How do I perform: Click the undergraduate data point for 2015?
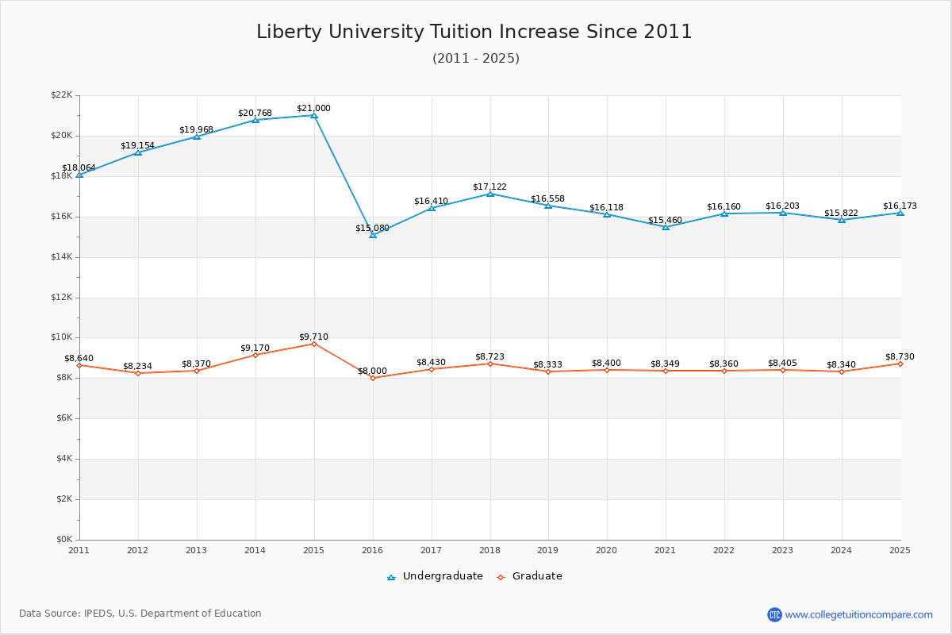[x=314, y=115]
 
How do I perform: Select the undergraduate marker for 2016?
[x=373, y=235]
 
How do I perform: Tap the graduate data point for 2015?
[x=314, y=344]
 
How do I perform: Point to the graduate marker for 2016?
[x=373, y=378]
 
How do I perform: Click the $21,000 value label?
[x=313, y=108]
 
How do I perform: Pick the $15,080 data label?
[x=372, y=228]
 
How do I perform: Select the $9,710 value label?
[x=313, y=337]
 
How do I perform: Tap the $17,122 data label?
[x=489, y=187]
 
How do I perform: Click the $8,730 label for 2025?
[x=900, y=356]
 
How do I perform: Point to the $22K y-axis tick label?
[x=61, y=95]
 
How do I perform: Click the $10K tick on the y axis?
[x=61, y=337]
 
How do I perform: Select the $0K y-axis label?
[x=63, y=540]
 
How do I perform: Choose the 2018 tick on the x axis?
[x=489, y=550]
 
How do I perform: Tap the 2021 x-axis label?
[x=666, y=550]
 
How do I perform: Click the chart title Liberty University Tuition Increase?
[x=474, y=32]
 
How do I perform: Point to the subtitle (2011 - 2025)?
[x=476, y=58]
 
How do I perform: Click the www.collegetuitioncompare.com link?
[x=858, y=614]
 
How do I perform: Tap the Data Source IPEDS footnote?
[x=140, y=614]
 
